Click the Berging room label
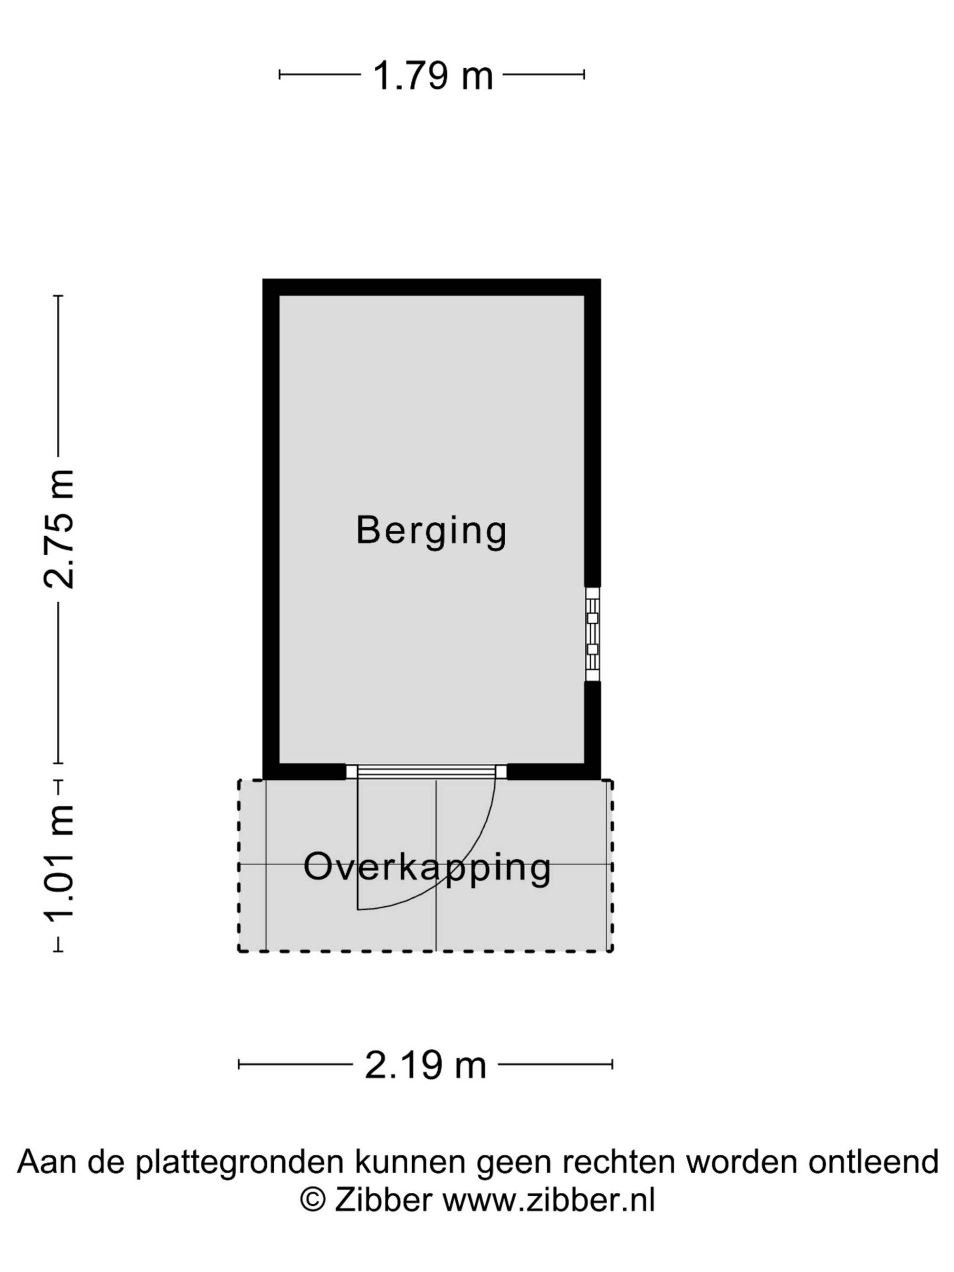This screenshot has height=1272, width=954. coord(431,531)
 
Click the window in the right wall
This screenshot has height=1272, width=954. coord(592,634)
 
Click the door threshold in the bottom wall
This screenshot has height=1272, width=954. coord(426,772)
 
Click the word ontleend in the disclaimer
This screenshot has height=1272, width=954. coord(873,1162)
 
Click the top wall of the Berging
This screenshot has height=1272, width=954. coord(432,288)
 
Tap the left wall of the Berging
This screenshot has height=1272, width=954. coord(271,529)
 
